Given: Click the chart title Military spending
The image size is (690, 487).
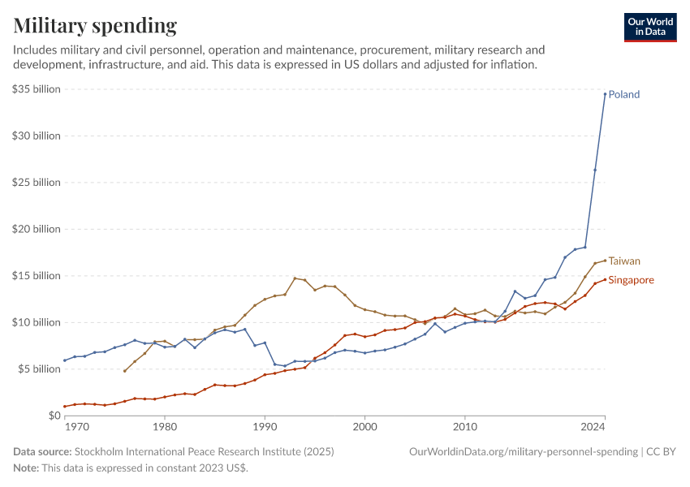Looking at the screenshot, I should [x=95, y=26].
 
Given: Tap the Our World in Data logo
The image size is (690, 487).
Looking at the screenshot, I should [x=649, y=27].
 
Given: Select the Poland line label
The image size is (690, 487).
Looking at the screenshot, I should [x=624, y=94].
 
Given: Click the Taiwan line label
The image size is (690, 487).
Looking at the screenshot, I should [x=624, y=261].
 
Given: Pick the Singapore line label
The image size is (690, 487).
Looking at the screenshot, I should [x=631, y=280].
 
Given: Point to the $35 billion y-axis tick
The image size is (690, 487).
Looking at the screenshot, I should [x=37, y=89].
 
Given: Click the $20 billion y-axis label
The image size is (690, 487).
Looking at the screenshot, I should [x=37, y=229].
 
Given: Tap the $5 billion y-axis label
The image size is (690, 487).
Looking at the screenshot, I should [x=39, y=369].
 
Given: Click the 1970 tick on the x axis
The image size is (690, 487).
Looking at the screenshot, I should [x=76, y=426].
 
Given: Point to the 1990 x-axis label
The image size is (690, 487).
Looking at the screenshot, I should [x=265, y=426].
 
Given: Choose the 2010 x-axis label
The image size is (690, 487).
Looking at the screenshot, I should [x=465, y=426].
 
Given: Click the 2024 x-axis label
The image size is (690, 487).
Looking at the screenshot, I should [x=593, y=426].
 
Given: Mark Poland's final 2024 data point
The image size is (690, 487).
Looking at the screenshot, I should [x=605, y=93].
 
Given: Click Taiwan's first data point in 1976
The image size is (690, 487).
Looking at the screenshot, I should [x=125, y=371].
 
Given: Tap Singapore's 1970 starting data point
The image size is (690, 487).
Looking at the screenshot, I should [x=65, y=407].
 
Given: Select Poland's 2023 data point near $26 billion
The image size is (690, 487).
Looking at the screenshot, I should [x=595, y=170].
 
